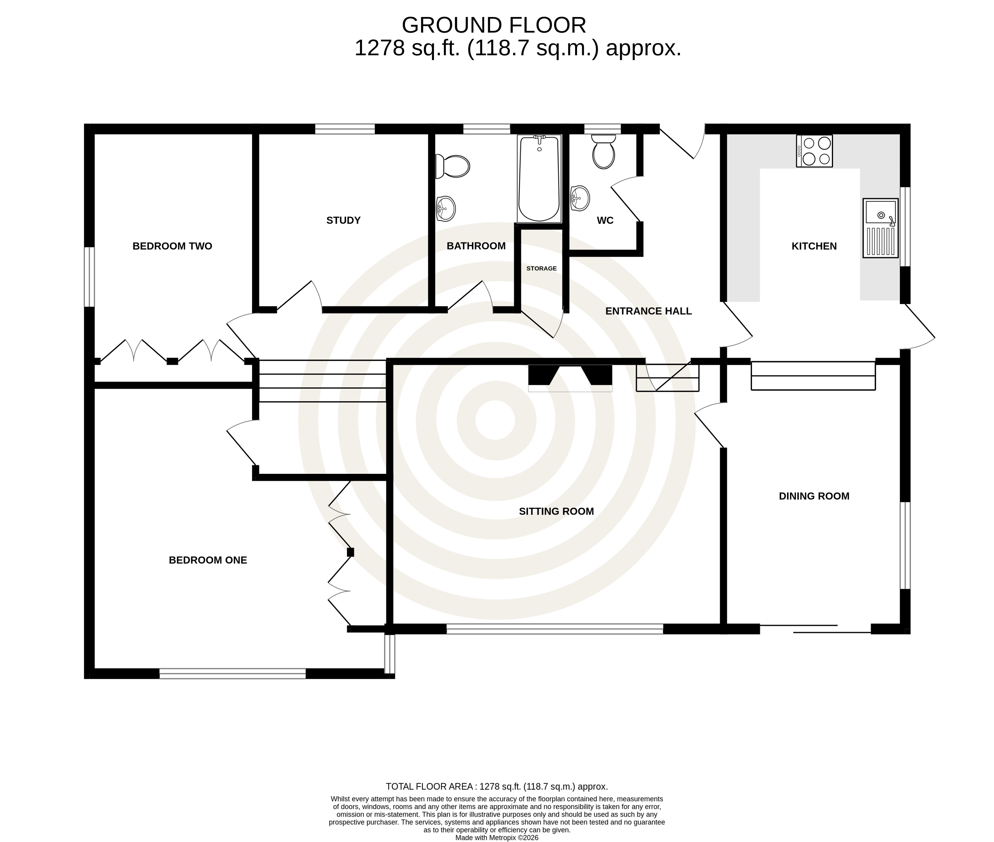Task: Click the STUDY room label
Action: click(343, 220)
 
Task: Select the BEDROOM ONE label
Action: click(208, 560)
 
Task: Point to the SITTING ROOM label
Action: click(556, 511)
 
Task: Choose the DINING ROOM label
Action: click(814, 496)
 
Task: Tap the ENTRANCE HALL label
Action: click(648, 311)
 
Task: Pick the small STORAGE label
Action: click(541, 268)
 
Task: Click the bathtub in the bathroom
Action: click(539, 179)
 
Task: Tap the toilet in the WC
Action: click(603, 151)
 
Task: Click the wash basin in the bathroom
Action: click(446, 209)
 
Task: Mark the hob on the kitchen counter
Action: click(814, 151)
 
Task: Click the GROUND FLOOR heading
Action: click(494, 25)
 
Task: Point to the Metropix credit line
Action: click(497, 837)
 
